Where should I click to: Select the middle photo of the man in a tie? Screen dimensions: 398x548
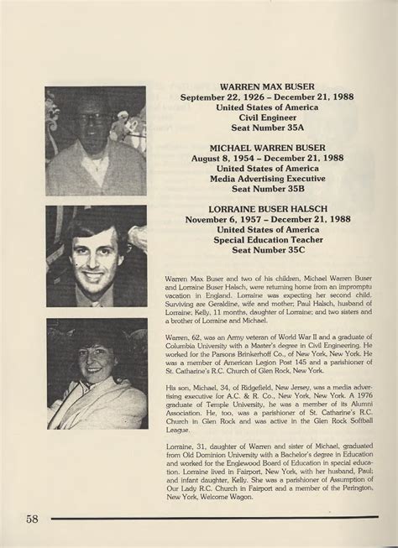pos(96,256)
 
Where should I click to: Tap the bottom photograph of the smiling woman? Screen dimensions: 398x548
pos(96,373)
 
